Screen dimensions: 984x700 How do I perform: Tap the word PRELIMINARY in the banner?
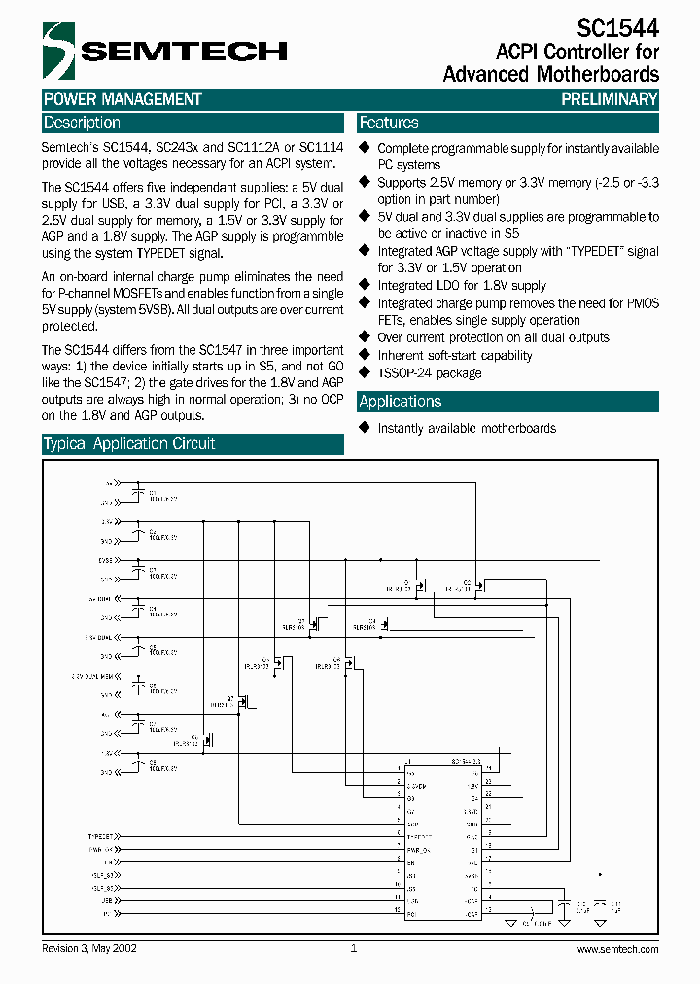610,99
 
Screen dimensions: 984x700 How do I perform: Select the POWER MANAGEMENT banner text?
122,99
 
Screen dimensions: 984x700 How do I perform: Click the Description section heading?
83,123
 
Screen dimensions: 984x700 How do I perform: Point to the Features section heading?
389,123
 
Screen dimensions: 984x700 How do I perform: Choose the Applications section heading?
400,402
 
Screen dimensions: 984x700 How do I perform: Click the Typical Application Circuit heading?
129,444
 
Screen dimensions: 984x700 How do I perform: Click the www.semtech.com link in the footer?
617,949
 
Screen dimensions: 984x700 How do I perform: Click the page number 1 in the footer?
353,949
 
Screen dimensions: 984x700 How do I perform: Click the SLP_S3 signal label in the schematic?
104,875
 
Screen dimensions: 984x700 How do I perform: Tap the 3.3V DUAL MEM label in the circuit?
94,674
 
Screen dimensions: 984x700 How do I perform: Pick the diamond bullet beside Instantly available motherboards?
365,428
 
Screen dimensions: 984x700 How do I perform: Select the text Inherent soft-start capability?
455,356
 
